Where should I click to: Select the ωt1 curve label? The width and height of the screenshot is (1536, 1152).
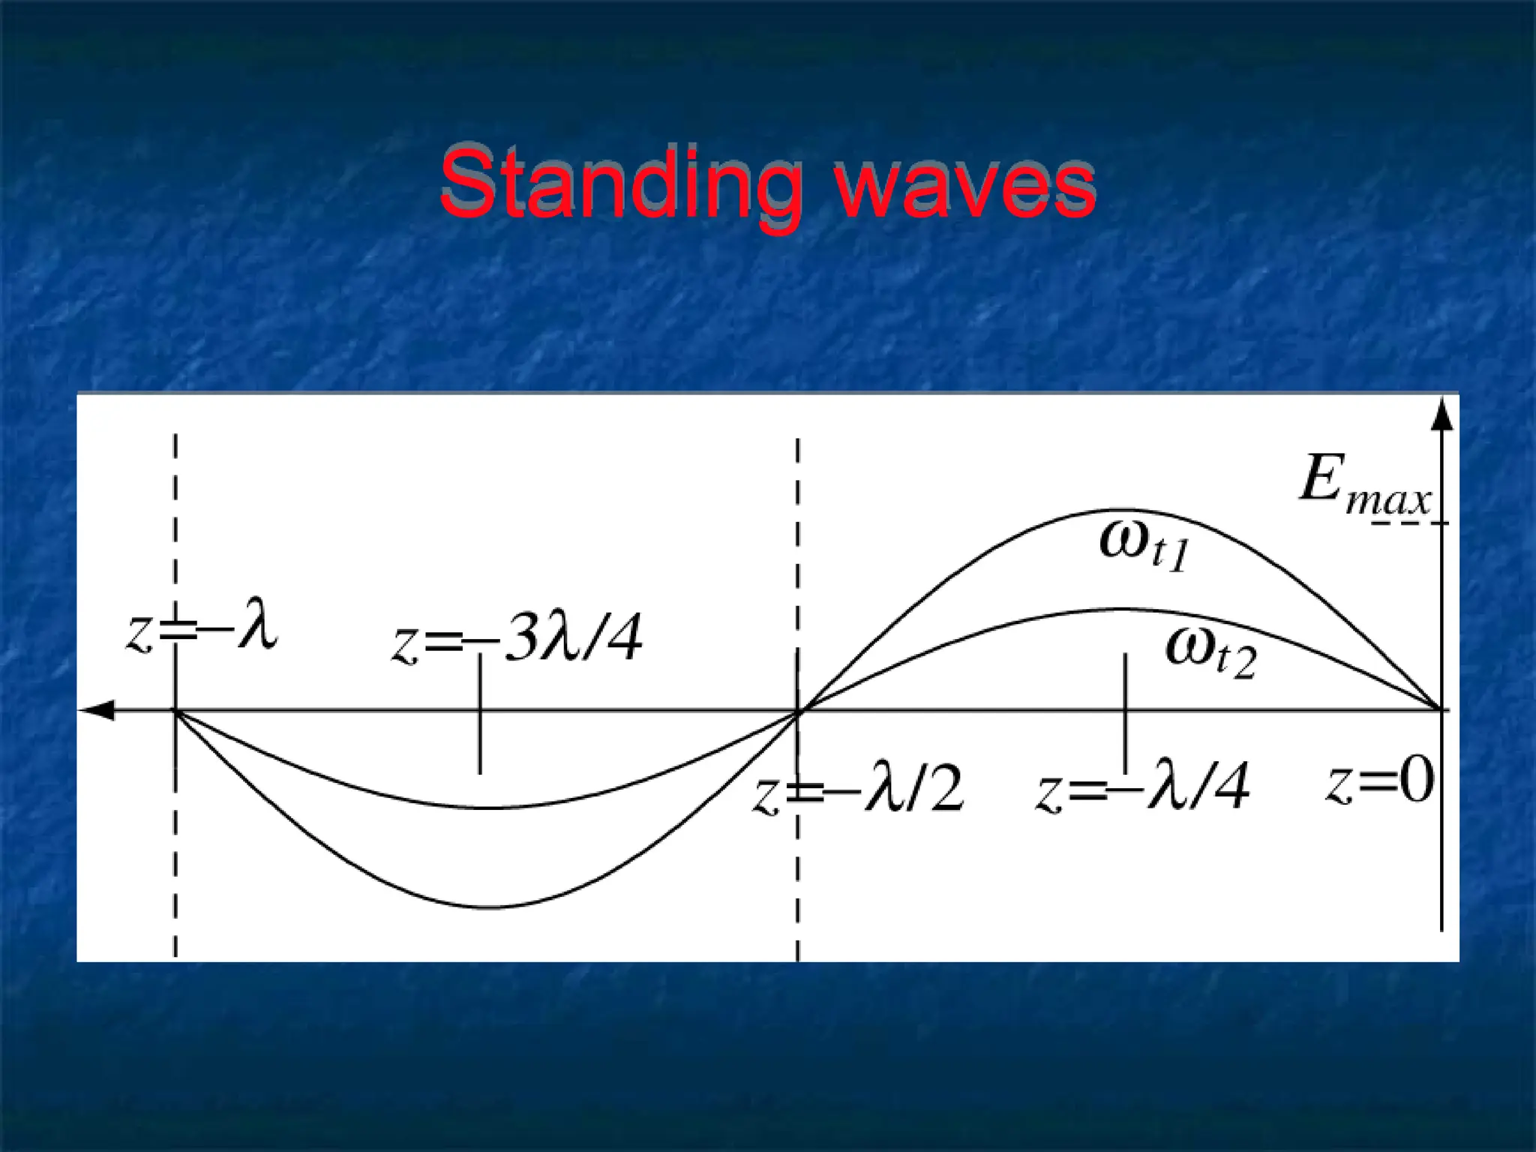tap(1144, 545)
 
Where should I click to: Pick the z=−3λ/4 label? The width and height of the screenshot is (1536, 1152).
tap(517, 640)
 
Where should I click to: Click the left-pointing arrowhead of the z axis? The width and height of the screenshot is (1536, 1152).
tap(97, 710)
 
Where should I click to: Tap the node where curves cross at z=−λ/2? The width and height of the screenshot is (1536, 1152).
tap(798, 710)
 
